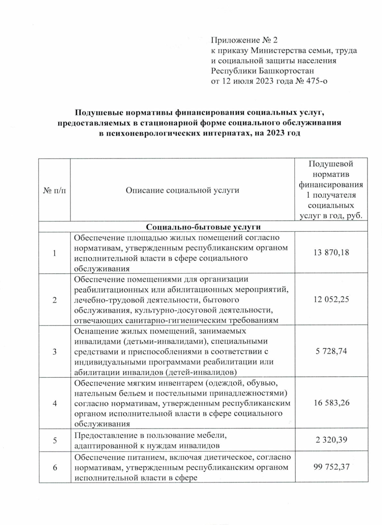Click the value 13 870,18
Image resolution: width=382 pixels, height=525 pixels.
331,253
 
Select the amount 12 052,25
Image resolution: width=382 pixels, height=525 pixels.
331,300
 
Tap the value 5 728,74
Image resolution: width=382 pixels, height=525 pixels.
331,351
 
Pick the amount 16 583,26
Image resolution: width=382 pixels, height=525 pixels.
331,403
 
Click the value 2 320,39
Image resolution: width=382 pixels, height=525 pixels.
331,440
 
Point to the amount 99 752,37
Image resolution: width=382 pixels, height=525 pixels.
331,467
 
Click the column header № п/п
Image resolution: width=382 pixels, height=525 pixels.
54,190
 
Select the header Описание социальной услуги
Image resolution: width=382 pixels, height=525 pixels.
182,190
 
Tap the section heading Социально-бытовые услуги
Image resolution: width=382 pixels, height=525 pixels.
203,227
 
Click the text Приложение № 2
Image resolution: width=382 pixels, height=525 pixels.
244,40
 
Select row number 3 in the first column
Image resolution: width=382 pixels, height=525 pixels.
54,351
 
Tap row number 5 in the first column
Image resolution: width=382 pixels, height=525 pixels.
54,440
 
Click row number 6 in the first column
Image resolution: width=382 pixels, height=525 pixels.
54,467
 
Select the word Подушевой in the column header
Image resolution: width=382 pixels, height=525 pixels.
331,164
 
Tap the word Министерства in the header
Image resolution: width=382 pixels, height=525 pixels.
279,50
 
